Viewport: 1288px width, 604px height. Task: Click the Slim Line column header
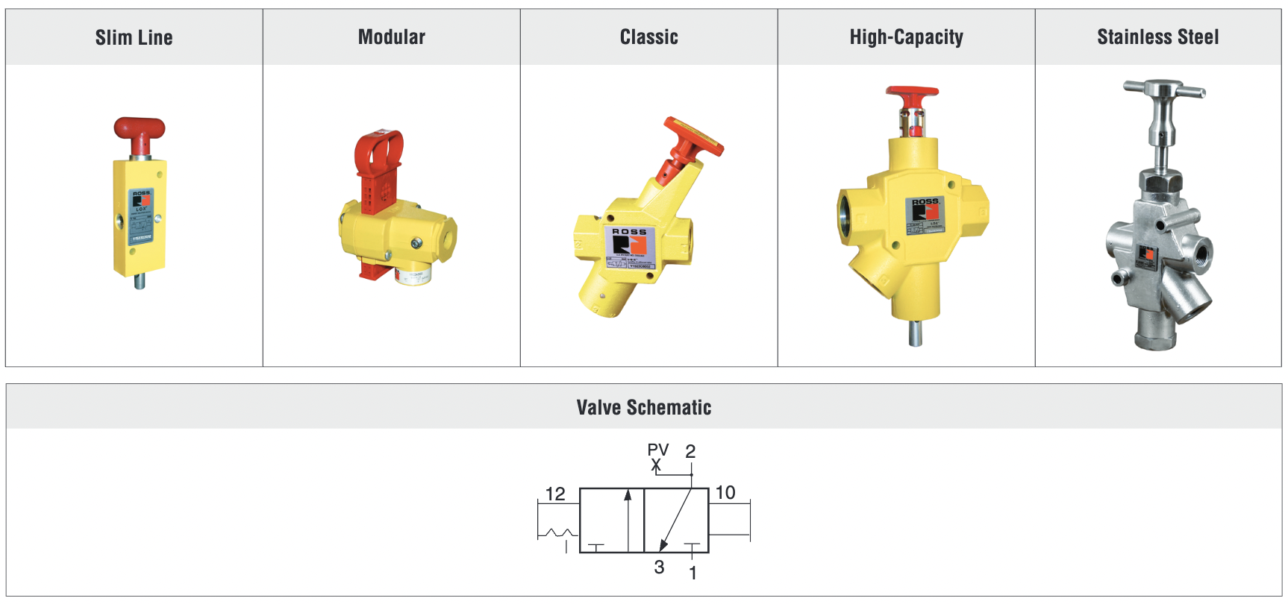[x=134, y=37]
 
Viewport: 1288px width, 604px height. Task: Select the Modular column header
[x=391, y=37]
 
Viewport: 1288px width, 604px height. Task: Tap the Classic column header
[x=648, y=37]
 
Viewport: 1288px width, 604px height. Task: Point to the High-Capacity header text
[x=906, y=37]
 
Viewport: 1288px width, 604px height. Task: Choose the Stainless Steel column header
[x=1157, y=37]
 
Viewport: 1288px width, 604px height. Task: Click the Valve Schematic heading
[x=643, y=407]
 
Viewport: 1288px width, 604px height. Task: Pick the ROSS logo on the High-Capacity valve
[x=925, y=210]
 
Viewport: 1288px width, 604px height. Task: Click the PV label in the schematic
[x=657, y=450]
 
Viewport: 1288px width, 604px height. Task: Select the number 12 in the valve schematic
[x=555, y=494]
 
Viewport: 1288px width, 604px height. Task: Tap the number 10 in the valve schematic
[x=725, y=492]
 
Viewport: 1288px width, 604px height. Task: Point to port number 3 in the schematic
[x=659, y=567]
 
